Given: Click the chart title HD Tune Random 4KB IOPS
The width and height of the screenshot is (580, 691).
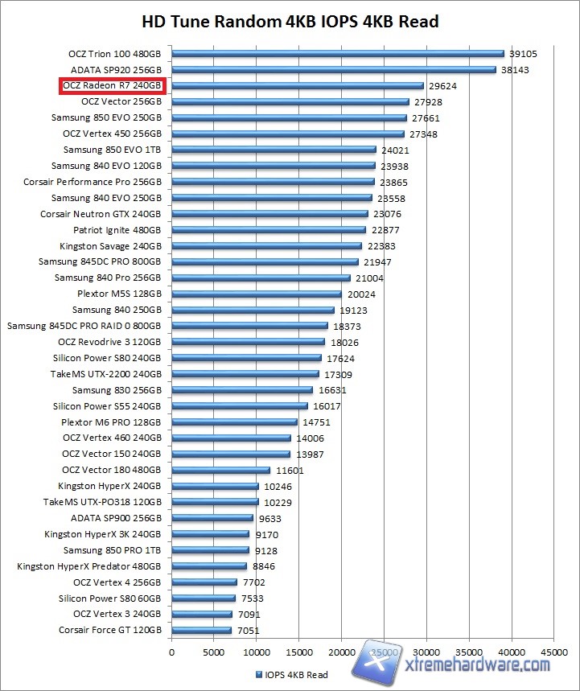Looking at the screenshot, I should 290,21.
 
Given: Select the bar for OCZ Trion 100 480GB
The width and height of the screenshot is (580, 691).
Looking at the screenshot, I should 337,54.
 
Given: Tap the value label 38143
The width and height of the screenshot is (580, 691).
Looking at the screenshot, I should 516,70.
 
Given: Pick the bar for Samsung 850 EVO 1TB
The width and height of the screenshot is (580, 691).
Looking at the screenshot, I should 274,150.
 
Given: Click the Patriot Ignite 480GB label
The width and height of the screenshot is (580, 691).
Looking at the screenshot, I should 129,230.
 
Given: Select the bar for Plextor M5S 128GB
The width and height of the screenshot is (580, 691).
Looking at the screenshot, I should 257,294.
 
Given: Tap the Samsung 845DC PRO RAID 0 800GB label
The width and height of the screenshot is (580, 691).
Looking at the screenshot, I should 84,326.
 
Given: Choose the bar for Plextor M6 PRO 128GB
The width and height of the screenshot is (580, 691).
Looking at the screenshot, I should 234,422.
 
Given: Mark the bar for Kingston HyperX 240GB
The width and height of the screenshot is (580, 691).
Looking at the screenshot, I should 215,486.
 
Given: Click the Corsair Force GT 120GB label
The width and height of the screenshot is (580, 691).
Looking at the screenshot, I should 110,631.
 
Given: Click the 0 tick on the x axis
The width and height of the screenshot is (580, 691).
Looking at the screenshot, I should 171,652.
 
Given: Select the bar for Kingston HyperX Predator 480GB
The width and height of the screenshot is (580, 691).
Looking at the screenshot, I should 209,566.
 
